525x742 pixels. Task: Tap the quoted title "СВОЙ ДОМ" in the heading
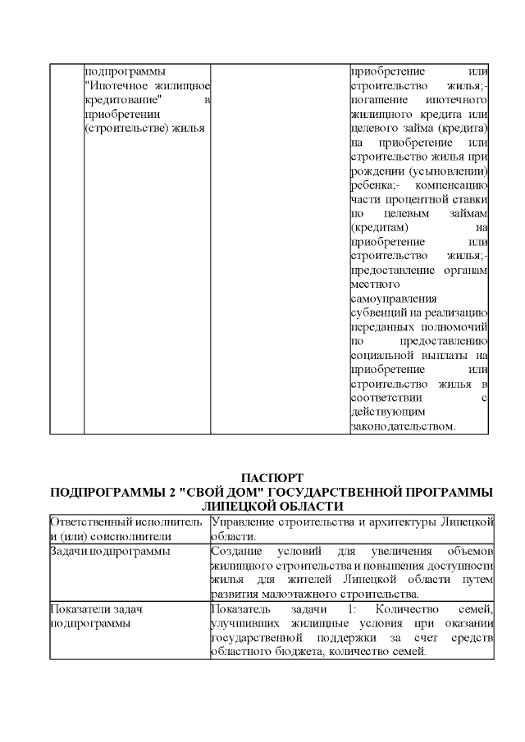208,492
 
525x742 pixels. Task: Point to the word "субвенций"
377,312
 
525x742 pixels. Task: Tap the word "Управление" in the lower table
243,522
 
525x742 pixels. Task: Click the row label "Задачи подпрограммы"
110,551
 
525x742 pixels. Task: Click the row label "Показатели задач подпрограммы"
90,616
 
